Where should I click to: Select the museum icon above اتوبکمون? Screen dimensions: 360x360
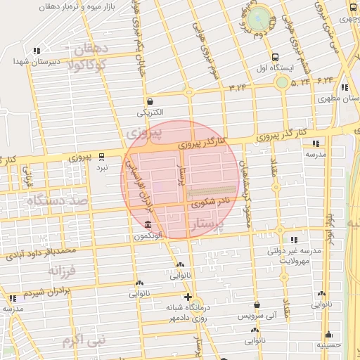tap(148, 225)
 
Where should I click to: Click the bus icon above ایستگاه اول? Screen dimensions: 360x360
tap(275, 57)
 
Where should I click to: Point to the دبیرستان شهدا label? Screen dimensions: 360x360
tap(30, 61)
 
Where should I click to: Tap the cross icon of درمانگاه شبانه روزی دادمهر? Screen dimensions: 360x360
tap(188, 297)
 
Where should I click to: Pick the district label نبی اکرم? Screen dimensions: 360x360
tap(83, 340)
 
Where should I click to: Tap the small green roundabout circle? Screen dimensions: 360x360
tap(281, 82)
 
